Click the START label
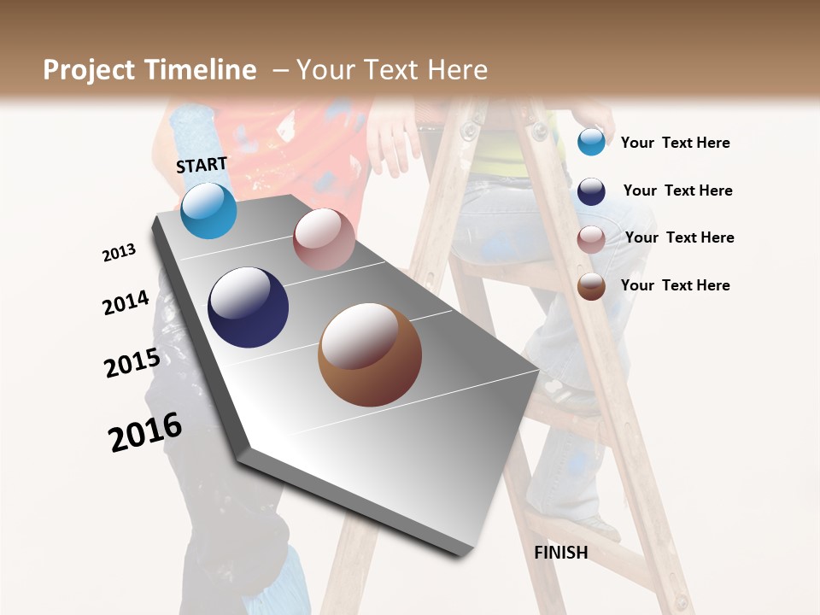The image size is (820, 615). pos(202,165)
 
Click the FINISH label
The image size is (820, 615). pos(560,553)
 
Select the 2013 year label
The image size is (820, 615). pos(119,252)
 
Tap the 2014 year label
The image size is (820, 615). pos(126,303)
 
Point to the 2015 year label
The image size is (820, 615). pos(132,362)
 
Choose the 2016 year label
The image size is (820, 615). pos(145,431)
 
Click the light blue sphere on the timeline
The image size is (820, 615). pos(208,210)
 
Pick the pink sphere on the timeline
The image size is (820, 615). pos(324,239)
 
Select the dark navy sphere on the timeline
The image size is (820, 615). pos(248,307)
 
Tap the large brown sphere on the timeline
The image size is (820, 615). pos(369,354)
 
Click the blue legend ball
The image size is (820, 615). pos(591,142)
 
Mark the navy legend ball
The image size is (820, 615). pos(591,191)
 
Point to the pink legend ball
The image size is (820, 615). pos(591,240)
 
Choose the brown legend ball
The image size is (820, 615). pos(591,286)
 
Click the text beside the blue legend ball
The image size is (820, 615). pos(675,143)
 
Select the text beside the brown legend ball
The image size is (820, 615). pos(675,285)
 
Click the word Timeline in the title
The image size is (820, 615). pos(202,70)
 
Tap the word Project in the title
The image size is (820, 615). pos(90,70)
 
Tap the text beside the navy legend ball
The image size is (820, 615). pos(677,190)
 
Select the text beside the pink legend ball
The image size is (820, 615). pos(679,237)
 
